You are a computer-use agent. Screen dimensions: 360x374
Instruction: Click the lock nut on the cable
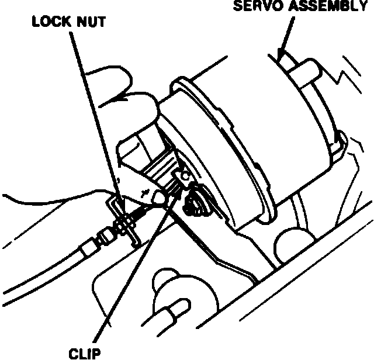[x=123, y=224]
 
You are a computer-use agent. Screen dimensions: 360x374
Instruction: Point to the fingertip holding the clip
[x=156, y=200]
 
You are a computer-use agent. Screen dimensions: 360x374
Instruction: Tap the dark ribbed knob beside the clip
[x=195, y=202]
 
